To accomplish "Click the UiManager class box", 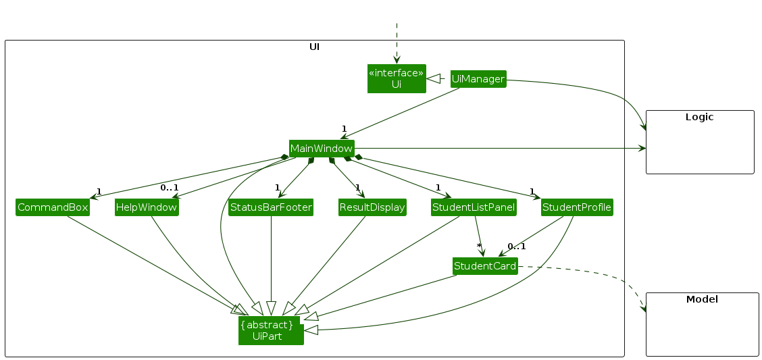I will tap(478, 79).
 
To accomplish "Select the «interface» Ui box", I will tap(397, 78).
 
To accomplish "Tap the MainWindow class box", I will tap(322, 149).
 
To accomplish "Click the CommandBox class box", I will tap(53, 207).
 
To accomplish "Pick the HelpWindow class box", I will tap(147, 207).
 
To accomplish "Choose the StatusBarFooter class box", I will tap(271, 207).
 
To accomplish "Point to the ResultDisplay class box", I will tap(372, 207).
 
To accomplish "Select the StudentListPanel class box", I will tap(474, 207).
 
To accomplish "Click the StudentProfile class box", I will tap(577, 207).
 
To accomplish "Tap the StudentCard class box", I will tap(485, 266).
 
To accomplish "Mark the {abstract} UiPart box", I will tap(270, 330).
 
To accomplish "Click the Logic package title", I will tap(699, 117).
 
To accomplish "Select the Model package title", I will tap(701, 299).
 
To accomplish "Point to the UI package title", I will tap(314, 47).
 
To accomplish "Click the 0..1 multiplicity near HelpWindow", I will tap(169, 188).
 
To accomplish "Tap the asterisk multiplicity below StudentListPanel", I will tap(479, 246).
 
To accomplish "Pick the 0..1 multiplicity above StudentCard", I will tap(517, 246).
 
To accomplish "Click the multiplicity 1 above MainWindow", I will tap(344, 128).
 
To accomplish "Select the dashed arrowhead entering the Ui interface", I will tap(397, 60).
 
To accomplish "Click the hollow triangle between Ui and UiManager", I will tap(434, 79).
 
